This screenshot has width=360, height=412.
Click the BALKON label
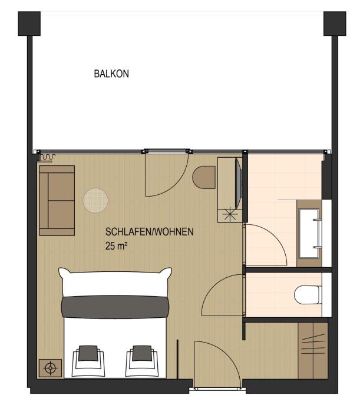111,74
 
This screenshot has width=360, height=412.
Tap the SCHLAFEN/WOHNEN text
150,232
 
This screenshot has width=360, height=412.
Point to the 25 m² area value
117,246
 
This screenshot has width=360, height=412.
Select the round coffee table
95,201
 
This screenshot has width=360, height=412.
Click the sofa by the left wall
57,201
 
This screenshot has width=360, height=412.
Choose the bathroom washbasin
309,234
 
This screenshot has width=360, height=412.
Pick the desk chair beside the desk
204,177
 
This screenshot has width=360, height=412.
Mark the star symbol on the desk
230,214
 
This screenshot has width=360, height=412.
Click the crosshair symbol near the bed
50,368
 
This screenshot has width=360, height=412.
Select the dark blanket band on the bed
115,307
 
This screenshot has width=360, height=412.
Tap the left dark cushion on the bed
88,353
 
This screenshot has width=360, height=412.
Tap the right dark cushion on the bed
142,353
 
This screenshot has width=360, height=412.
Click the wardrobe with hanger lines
313,351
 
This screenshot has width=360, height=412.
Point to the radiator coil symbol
48,157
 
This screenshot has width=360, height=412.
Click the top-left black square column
29,24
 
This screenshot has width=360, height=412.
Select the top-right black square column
335,24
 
